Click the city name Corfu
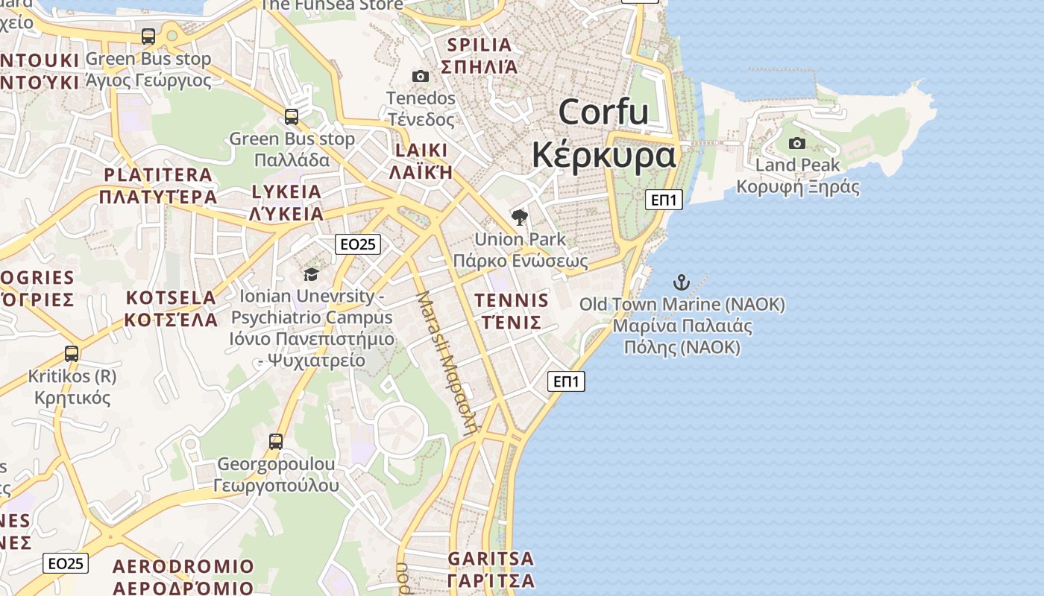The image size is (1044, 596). click(603, 112)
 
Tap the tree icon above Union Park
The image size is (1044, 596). click(520, 218)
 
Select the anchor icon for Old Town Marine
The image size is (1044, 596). click(681, 282)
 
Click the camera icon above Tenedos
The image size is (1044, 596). click(421, 76)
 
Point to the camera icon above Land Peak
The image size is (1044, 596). click(797, 143)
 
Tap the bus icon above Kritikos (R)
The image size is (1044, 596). click(72, 354)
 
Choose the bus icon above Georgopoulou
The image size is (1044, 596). click(276, 441)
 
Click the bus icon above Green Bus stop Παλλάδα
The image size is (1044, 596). click(291, 117)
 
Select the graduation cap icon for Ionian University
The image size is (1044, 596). click(311, 274)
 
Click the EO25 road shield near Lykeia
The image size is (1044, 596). click(358, 244)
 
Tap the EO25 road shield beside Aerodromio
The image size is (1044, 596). click(66, 563)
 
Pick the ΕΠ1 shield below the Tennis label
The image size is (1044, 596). click(566, 381)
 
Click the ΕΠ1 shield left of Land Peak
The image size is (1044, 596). click(663, 199)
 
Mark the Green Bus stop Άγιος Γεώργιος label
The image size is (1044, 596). click(148, 69)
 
